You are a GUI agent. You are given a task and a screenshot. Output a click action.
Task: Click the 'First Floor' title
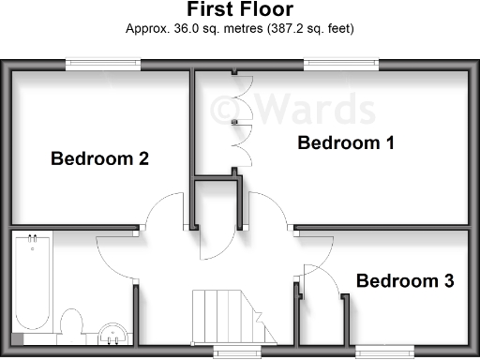(239, 10)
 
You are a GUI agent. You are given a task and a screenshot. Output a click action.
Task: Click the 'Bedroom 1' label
(346, 143)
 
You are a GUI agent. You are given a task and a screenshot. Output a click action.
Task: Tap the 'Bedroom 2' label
(99, 158)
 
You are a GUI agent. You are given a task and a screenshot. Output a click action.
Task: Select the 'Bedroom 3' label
(405, 280)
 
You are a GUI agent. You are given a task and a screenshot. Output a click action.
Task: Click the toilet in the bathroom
(70, 323)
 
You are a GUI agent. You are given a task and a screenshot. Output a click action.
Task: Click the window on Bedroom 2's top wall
(103, 64)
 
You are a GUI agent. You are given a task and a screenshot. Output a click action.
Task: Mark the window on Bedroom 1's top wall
(341, 64)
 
